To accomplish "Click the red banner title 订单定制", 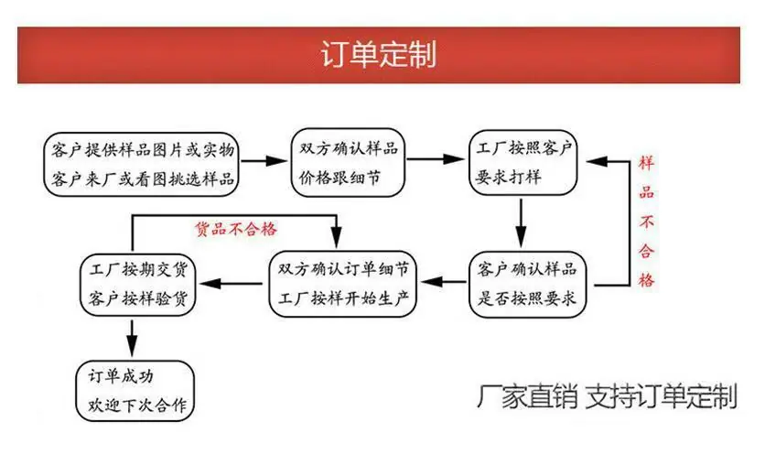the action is coord(379,54).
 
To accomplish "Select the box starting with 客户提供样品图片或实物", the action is coord(141,165).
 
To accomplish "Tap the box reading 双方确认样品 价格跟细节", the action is coord(348,163).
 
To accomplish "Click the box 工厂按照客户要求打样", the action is coord(523,163).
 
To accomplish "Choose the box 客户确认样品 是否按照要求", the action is coord(527,284).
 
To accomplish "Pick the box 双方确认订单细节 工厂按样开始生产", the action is coord(343,284).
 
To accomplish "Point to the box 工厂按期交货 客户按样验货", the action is coord(137,285).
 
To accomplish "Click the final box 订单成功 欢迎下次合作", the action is coord(135,391).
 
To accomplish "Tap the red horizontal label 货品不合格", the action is coord(236,229).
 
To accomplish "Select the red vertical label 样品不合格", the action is coord(646,222).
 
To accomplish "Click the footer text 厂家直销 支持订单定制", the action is coord(607,396).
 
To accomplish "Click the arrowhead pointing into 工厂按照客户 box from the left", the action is coord(454,158).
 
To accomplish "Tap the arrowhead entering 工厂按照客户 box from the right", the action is coord(597,162).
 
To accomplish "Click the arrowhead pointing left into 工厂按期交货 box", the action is coord(210,283).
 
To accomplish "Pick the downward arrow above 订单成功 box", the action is coord(132,339).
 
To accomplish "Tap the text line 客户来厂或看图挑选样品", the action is coord(143,179).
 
